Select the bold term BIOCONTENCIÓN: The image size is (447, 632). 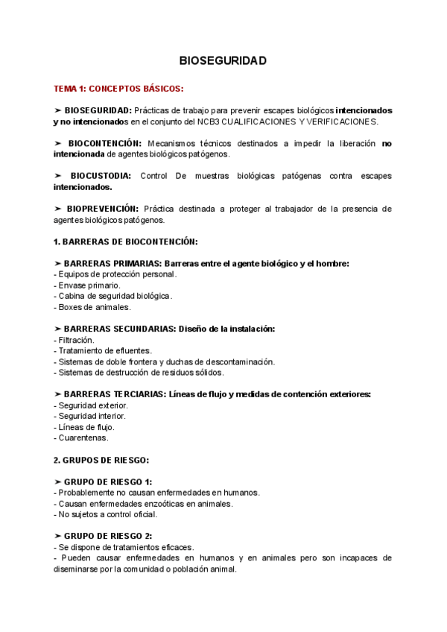click(104, 143)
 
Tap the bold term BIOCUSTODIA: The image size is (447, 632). click(101, 176)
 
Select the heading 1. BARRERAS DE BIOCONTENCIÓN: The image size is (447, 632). click(126, 241)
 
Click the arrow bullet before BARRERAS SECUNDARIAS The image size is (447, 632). click(58, 329)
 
